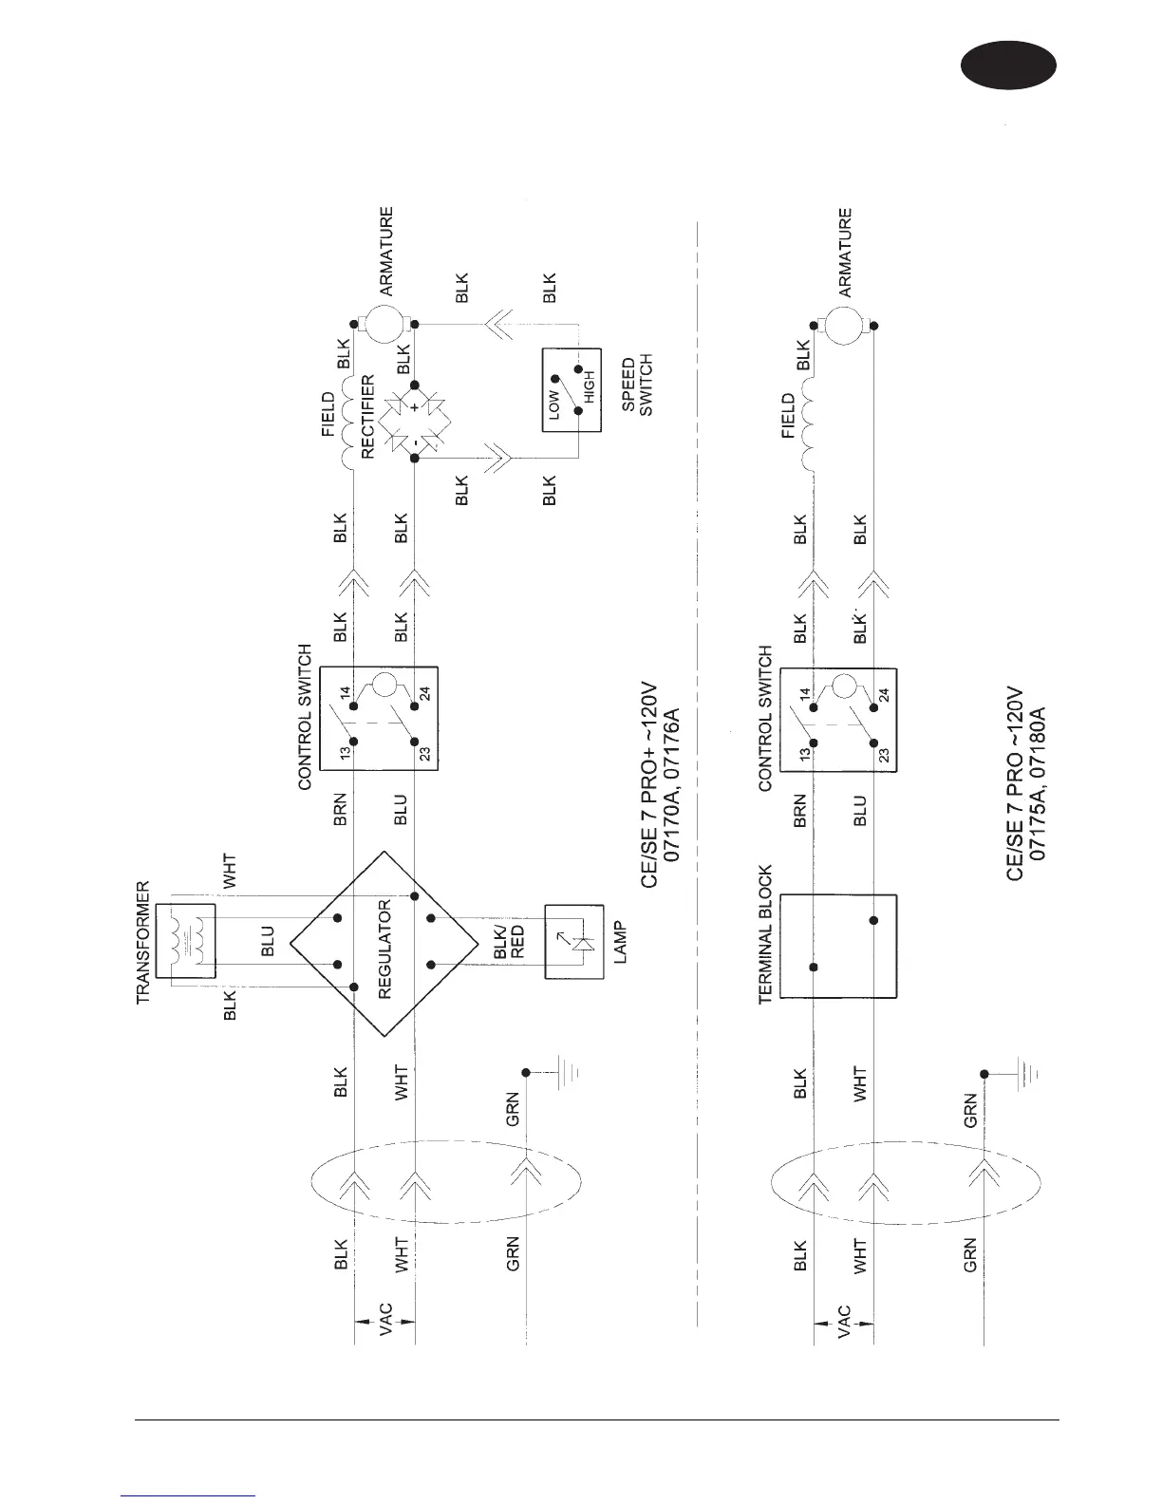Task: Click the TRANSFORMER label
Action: click(143, 943)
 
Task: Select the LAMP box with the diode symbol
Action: click(574, 942)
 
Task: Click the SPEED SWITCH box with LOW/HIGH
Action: click(572, 390)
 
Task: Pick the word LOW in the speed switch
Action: click(554, 403)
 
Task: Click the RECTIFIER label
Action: click(368, 416)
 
